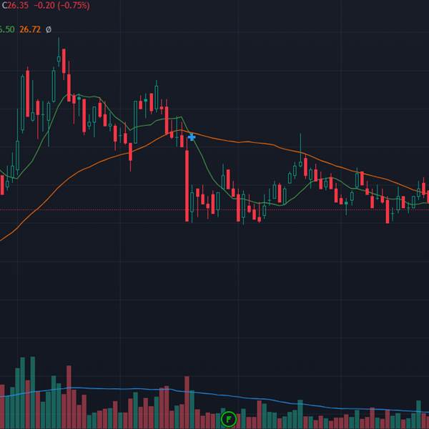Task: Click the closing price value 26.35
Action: point(18,6)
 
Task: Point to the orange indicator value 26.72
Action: point(29,29)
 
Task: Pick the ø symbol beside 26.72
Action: point(48,29)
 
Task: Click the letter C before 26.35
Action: point(3,6)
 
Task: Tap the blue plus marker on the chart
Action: point(192,137)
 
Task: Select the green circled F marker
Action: point(228,418)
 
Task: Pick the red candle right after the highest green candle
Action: point(64,61)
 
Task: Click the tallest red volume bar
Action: point(69,397)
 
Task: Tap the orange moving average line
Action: point(250,143)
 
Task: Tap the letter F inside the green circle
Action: point(228,418)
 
